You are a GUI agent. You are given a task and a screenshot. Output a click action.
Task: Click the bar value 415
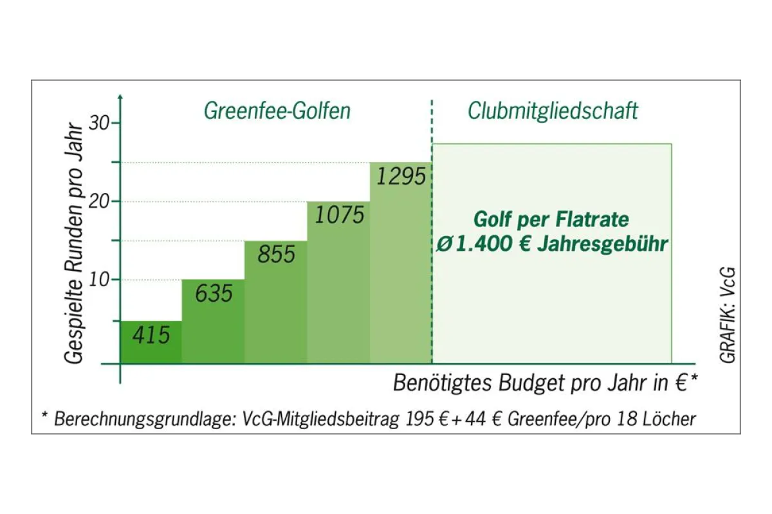tap(151, 335)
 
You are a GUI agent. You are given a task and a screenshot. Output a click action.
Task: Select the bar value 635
tap(213, 294)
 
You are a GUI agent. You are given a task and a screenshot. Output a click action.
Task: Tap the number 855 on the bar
tap(276, 255)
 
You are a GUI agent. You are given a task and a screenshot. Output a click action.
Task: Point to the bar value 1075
tap(339, 214)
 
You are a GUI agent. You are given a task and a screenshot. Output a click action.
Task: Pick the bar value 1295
tap(401, 176)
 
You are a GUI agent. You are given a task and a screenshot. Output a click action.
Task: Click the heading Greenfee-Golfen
tap(277, 111)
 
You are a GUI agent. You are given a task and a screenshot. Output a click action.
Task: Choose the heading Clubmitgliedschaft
tap(553, 111)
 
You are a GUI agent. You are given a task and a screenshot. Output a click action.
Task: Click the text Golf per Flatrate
tap(551, 220)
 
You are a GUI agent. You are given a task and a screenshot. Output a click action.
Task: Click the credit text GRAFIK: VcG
tap(728, 315)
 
